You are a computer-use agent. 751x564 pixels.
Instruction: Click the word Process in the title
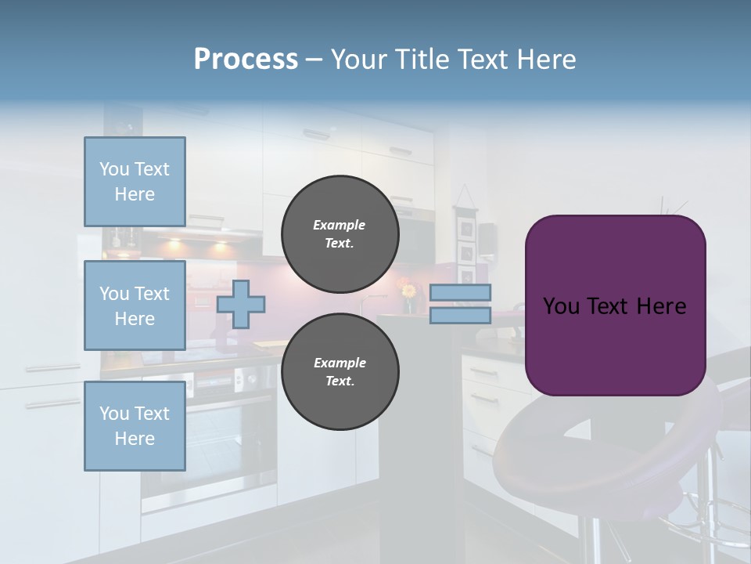tap(246, 60)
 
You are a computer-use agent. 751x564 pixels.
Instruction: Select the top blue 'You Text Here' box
tap(135, 182)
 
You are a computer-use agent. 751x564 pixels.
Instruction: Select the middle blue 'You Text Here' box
tap(135, 305)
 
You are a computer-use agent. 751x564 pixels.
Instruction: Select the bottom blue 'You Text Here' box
tap(135, 425)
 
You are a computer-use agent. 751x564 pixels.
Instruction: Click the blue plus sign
tap(241, 304)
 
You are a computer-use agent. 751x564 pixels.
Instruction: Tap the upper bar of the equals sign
tap(460, 292)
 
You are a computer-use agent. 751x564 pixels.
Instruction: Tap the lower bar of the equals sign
tap(460, 315)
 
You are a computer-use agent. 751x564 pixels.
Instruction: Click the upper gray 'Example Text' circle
tap(340, 234)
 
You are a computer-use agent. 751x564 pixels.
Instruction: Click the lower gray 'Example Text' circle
tap(340, 371)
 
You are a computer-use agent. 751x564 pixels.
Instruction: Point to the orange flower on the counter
tap(408, 291)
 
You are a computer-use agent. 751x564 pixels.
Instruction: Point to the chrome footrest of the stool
tap(696, 509)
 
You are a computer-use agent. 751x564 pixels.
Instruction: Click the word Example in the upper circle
tap(339, 225)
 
